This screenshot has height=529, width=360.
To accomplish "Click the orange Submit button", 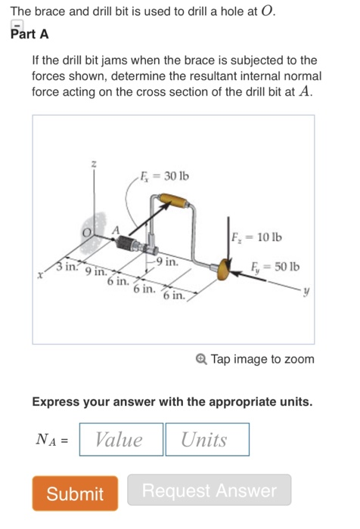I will pos(75,493).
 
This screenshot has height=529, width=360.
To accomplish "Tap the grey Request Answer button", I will pos(209,491).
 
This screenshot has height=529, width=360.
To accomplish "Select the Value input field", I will pos(119,440).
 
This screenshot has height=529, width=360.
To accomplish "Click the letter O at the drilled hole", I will pos(88,232).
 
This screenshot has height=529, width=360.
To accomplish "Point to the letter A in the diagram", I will pos(115,230).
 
